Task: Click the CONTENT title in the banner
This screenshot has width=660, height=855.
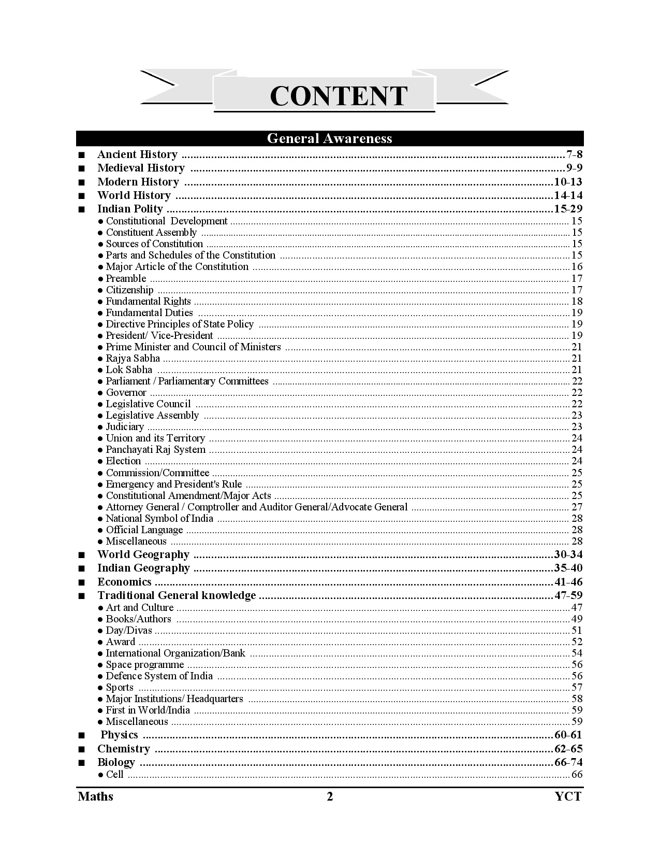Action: (x=339, y=96)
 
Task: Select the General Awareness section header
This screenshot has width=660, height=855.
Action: (x=329, y=138)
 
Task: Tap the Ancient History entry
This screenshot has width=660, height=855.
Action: (x=137, y=154)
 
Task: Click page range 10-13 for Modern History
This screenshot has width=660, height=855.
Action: (x=568, y=182)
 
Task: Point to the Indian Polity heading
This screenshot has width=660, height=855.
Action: (x=130, y=209)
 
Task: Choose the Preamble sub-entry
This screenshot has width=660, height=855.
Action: (x=126, y=278)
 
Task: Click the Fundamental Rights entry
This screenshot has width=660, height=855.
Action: (x=148, y=301)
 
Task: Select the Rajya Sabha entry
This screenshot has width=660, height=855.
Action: (x=133, y=358)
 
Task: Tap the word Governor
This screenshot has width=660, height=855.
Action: (x=126, y=392)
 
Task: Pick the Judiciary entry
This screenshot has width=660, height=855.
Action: (x=124, y=426)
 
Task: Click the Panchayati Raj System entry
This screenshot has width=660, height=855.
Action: (x=155, y=449)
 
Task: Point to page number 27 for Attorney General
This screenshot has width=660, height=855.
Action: (x=577, y=507)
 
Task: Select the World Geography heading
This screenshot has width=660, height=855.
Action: (x=143, y=554)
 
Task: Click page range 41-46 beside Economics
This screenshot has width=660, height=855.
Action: (x=568, y=582)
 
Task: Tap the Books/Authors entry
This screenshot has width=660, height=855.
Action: (x=138, y=619)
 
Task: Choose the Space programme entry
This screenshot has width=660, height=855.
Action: (x=144, y=664)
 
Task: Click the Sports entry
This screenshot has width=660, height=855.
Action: (x=120, y=687)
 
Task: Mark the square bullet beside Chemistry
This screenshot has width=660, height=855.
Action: (x=81, y=749)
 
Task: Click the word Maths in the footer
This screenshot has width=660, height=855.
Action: (x=96, y=796)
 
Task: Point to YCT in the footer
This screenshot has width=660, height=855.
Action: (x=568, y=796)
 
